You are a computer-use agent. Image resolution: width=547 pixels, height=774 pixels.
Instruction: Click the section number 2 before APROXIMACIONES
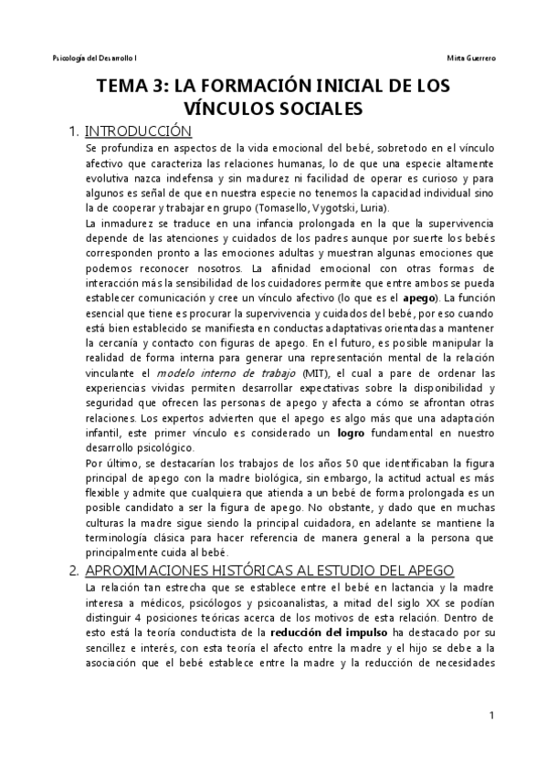tap(73, 570)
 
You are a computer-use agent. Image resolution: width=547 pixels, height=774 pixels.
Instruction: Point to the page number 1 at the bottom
tap(490, 716)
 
